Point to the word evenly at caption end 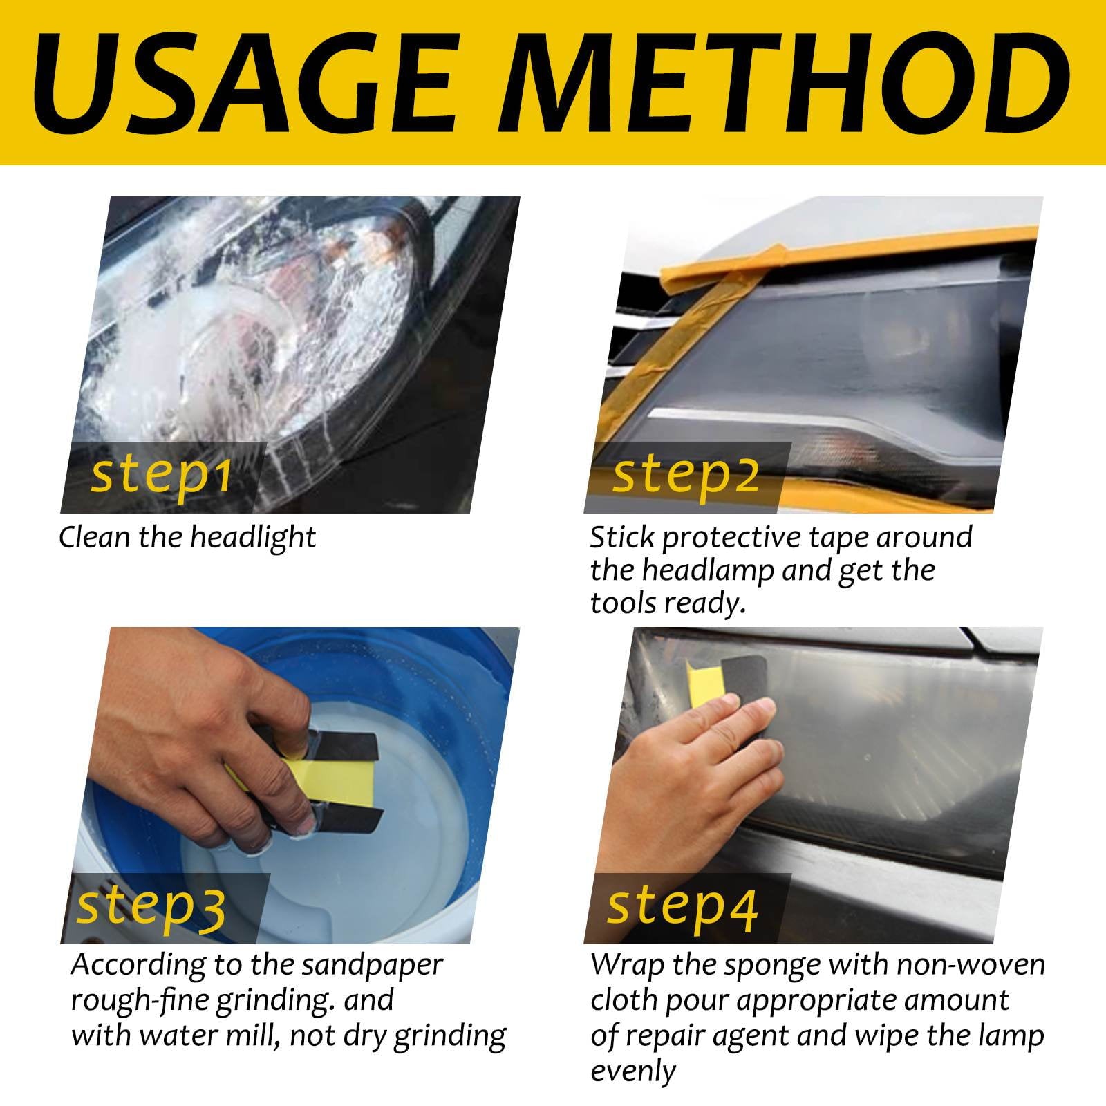632,1071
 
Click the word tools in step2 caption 622,604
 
